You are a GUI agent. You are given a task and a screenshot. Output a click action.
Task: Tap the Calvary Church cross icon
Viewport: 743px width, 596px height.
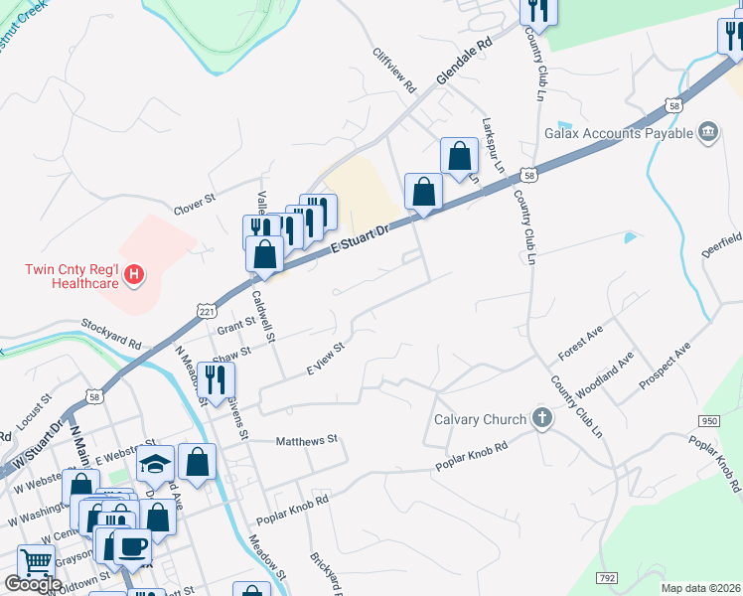(x=542, y=418)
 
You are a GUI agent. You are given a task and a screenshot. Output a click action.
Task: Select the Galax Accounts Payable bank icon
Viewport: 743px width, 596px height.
(x=708, y=133)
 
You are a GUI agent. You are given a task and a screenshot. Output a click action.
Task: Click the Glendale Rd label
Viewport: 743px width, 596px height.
(x=464, y=62)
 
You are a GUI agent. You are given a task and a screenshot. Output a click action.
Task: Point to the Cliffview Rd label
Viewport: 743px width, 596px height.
(x=394, y=71)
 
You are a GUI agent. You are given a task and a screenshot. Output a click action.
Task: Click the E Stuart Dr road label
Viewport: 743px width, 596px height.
(x=357, y=236)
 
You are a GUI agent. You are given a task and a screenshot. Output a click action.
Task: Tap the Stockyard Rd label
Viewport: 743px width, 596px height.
(x=111, y=332)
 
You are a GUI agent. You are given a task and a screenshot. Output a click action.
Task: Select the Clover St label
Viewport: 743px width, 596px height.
(x=195, y=203)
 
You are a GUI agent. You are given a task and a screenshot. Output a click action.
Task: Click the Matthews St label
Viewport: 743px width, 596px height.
(x=307, y=439)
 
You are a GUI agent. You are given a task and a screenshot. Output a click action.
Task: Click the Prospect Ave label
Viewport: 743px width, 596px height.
(x=666, y=366)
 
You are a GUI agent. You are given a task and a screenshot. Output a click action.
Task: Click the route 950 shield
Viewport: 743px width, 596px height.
(x=708, y=421)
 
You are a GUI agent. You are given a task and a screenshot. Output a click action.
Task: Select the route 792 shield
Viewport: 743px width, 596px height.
(x=608, y=577)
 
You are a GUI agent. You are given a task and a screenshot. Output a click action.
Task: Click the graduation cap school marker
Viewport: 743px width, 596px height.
(x=156, y=463)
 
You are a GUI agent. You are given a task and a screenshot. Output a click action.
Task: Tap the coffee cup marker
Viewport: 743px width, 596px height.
(x=132, y=545)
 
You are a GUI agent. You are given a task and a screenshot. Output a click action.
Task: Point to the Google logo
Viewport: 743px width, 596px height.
(x=33, y=584)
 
